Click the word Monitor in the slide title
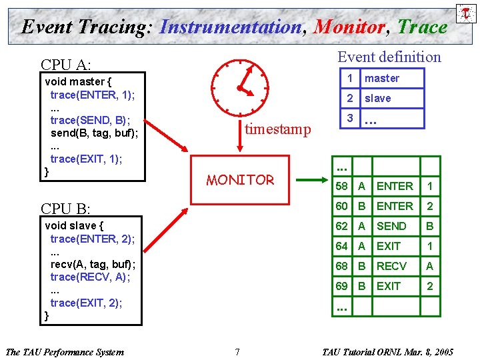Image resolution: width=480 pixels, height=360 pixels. pyautogui.click(x=349, y=27)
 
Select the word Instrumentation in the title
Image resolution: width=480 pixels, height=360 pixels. pyautogui.click(x=231, y=27)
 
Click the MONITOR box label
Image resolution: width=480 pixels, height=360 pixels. pyautogui.click(x=240, y=180)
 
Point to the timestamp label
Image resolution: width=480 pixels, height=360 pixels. pyautogui.click(x=277, y=129)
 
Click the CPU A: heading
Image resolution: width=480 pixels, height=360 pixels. pyautogui.click(x=65, y=65)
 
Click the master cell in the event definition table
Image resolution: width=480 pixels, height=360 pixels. pyautogui.click(x=382, y=79)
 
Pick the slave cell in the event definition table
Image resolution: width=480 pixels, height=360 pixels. pyautogui.click(x=378, y=99)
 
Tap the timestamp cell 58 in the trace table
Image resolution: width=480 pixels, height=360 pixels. pyautogui.click(x=342, y=186)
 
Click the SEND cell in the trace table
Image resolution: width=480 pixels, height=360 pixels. pyautogui.click(x=391, y=226)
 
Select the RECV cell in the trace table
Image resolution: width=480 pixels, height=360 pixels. pyautogui.click(x=391, y=266)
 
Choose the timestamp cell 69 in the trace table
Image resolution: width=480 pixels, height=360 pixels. pyautogui.click(x=342, y=286)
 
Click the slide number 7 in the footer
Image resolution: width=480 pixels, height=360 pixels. pyautogui.click(x=237, y=351)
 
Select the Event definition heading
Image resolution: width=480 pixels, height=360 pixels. pyautogui.click(x=389, y=57)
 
